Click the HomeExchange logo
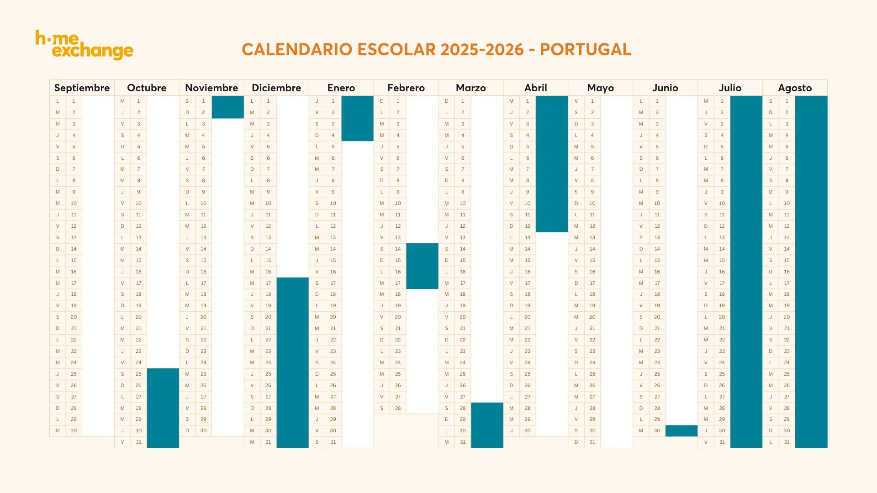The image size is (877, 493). (84, 45)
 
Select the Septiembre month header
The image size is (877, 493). (82, 88)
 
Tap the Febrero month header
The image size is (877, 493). (406, 88)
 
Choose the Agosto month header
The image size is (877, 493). (795, 88)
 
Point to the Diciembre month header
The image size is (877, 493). (276, 88)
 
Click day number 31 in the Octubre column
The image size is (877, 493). (138, 442)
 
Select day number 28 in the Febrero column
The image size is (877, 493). (398, 408)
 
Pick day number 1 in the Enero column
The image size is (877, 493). (333, 101)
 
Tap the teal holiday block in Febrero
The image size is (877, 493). (422, 266)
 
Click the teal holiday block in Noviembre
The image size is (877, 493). (227, 107)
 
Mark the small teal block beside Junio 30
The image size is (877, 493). (681, 430)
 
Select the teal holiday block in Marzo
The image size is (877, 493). (487, 425)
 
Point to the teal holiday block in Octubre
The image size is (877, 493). (163, 408)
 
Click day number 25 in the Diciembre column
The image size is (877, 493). (268, 374)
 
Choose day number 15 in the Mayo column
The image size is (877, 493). (592, 260)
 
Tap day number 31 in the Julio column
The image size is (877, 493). (722, 442)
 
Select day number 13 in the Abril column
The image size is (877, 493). (528, 237)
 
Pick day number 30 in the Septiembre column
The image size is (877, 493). (74, 430)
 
